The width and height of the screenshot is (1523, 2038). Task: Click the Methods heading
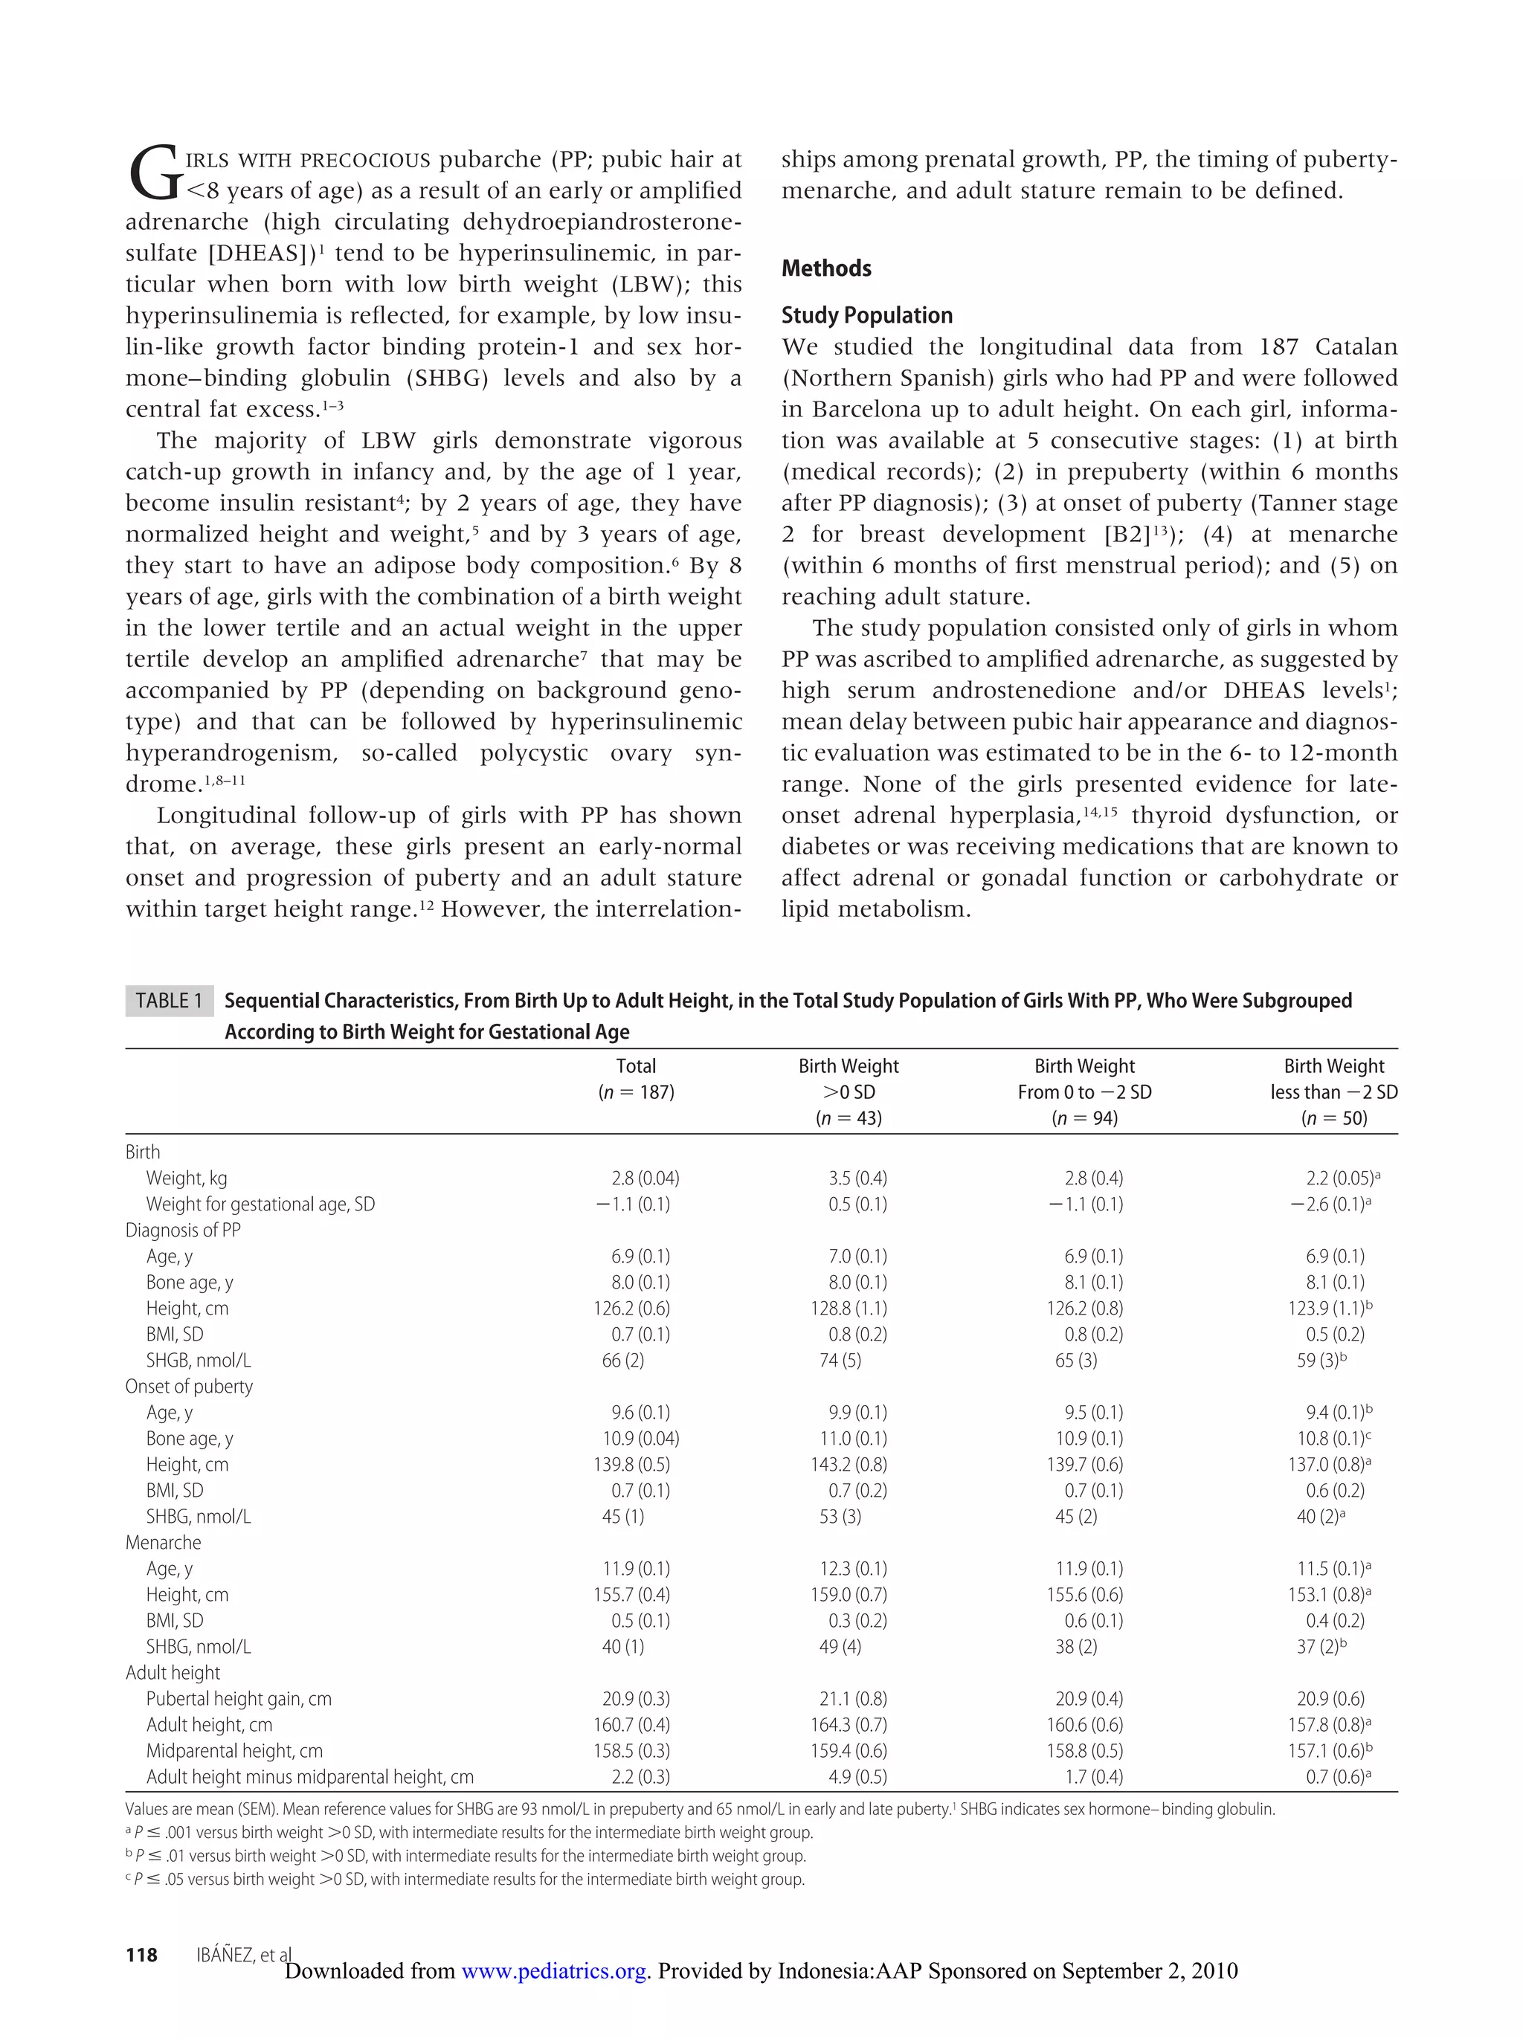click(x=825, y=268)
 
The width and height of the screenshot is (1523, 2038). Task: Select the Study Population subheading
click(x=866, y=315)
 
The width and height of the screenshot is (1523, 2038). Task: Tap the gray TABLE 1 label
click(x=169, y=1001)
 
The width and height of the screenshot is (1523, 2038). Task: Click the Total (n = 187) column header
click(x=635, y=1079)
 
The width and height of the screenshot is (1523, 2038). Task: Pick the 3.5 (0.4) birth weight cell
click(x=857, y=1178)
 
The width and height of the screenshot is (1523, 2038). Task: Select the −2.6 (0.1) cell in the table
click(x=1326, y=1205)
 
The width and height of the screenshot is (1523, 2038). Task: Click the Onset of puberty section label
click(x=189, y=1387)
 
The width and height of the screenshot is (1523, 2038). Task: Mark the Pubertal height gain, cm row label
click(x=239, y=1699)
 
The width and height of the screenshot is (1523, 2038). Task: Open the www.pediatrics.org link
click(x=553, y=1971)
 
